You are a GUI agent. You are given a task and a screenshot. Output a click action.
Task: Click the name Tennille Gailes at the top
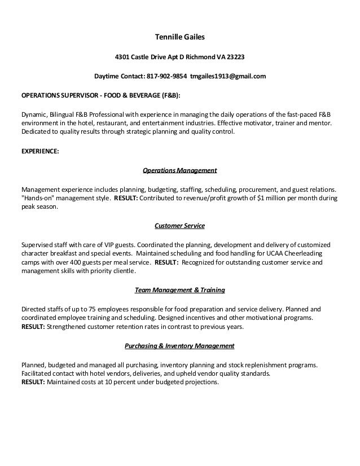(x=179, y=38)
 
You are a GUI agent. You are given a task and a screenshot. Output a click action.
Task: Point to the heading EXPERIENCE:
(x=39, y=151)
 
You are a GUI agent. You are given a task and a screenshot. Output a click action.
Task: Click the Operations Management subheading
(x=179, y=170)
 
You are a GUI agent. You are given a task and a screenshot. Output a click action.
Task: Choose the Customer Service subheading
(x=179, y=226)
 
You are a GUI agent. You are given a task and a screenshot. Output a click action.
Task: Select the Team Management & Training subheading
(x=179, y=290)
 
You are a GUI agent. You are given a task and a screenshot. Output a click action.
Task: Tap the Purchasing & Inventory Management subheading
(x=179, y=345)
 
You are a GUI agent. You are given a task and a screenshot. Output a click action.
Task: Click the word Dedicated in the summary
(x=35, y=131)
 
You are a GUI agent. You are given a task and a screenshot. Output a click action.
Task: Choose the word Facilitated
(x=36, y=373)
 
